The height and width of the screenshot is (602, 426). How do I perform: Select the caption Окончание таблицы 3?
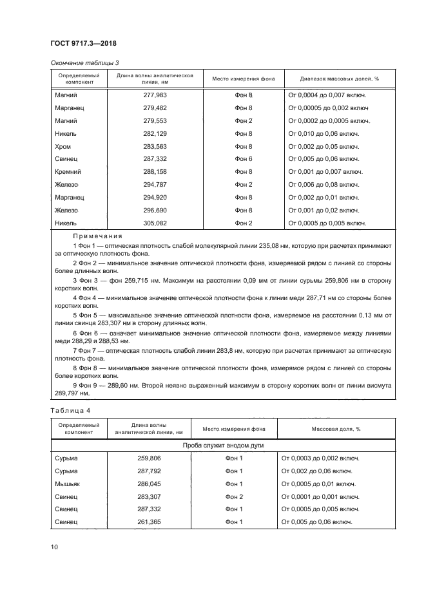click(x=84, y=62)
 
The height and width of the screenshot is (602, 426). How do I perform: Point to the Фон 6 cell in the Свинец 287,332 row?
click(x=243, y=159)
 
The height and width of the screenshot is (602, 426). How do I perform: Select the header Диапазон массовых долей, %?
click(x=339, y=79)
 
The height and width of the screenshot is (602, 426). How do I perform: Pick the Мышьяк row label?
click(x=67, y=484)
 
